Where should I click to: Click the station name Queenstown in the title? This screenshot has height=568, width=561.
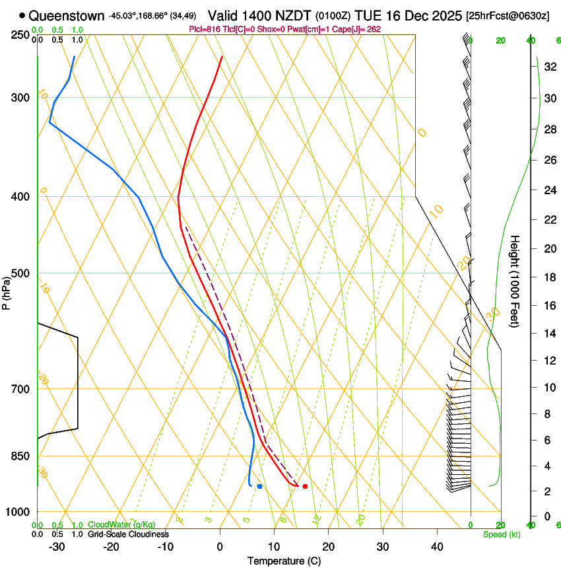pyautogui.click(x=66, y=15)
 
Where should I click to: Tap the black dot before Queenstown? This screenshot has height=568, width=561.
pyautogui.click(x=22, y=15)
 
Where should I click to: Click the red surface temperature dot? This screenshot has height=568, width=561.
pyautogui.click(x=305, y=486)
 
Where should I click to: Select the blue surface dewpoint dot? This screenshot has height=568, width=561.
pyautogui.click(x=260, y=486)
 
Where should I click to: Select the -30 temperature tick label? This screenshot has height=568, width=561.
pyautogui.click(x=57, y=547)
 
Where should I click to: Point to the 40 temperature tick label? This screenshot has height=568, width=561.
pyautogui.click(x=437, y=547)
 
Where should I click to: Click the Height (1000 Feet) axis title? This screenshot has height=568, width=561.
pyautogui.click(x=515, y=281)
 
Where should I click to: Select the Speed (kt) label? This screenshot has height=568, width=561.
pyautogui.click(x=501, y=534)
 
